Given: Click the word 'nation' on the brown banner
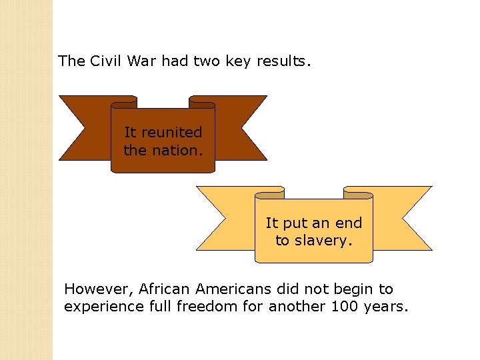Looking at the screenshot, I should [x=174, y=150].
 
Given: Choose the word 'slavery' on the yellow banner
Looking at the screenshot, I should [x=323, y=240].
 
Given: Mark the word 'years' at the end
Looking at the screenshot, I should [x=385, y=307].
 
